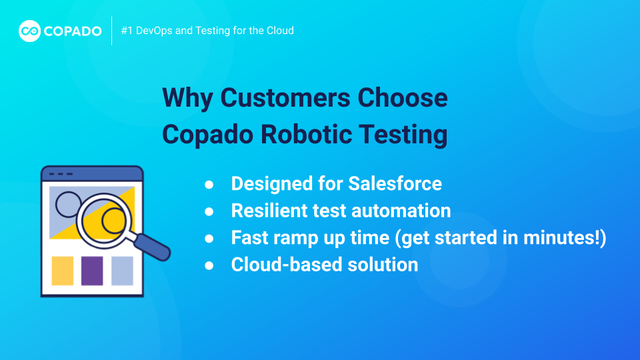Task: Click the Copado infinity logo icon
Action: point(29,31)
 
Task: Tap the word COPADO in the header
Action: point(73,31)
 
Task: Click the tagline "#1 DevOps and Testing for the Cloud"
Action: point(207,31)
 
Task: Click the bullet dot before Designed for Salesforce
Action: point(209,184)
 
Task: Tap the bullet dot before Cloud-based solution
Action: point(209,265)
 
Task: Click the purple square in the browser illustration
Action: point(92,271)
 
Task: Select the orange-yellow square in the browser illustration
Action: point(63,271)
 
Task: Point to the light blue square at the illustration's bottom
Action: point(122,271)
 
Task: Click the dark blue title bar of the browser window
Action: point(92,174)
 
